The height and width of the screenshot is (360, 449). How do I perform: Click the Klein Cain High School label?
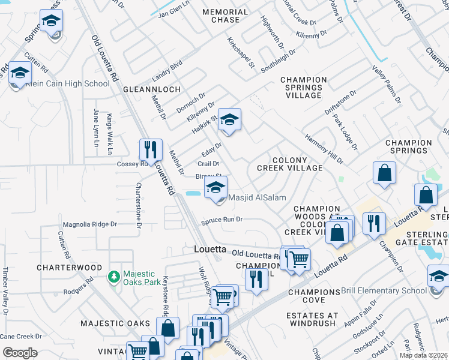tap(67, 84)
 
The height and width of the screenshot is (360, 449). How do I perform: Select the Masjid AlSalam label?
tap(256, 198)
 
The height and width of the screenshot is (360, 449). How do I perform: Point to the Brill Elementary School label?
tap(384, 291)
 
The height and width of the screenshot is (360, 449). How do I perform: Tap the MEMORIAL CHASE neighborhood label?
tap(225, 16)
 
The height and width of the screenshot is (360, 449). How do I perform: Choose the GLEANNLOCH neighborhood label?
tap(147, 89)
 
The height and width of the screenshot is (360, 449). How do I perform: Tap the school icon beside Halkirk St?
tap(229, 120)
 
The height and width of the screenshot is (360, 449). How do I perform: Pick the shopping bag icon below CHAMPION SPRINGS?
tap(384, 173)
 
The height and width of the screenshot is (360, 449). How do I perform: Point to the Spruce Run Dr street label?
tap(223, 220)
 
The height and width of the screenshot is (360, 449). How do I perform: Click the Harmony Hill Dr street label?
tap(324, 149)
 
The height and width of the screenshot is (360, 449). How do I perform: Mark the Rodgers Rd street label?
tap(80, 286)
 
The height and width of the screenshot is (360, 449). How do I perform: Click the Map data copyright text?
tap(423, 355)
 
